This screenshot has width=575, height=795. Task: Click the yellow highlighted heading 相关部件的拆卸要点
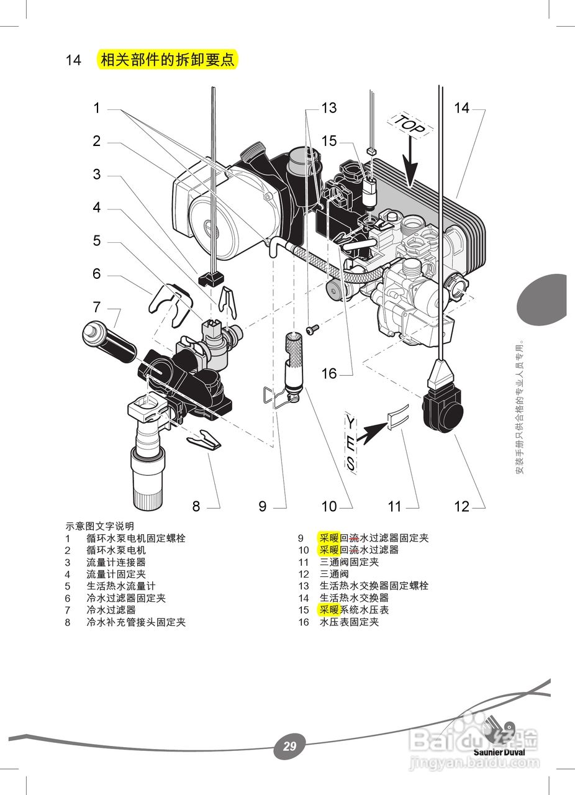(168, 60)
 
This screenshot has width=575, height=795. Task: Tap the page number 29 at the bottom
(289, 746)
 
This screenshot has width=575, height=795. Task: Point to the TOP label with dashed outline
(410, 125)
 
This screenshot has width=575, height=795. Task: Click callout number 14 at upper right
(461, 108)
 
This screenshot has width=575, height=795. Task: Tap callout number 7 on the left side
(96, 307)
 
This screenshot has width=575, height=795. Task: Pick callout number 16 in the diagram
(328, 373)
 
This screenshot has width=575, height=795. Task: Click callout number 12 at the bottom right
(461, 506)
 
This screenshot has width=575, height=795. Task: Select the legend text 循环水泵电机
(116, 550)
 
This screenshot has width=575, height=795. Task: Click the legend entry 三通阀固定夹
(349, 562)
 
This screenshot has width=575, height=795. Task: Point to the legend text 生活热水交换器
(354, 597)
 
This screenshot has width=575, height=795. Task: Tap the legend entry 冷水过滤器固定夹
(126, 598)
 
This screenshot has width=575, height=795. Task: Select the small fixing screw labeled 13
(312, 328)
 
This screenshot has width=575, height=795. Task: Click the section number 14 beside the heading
(73, 60)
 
